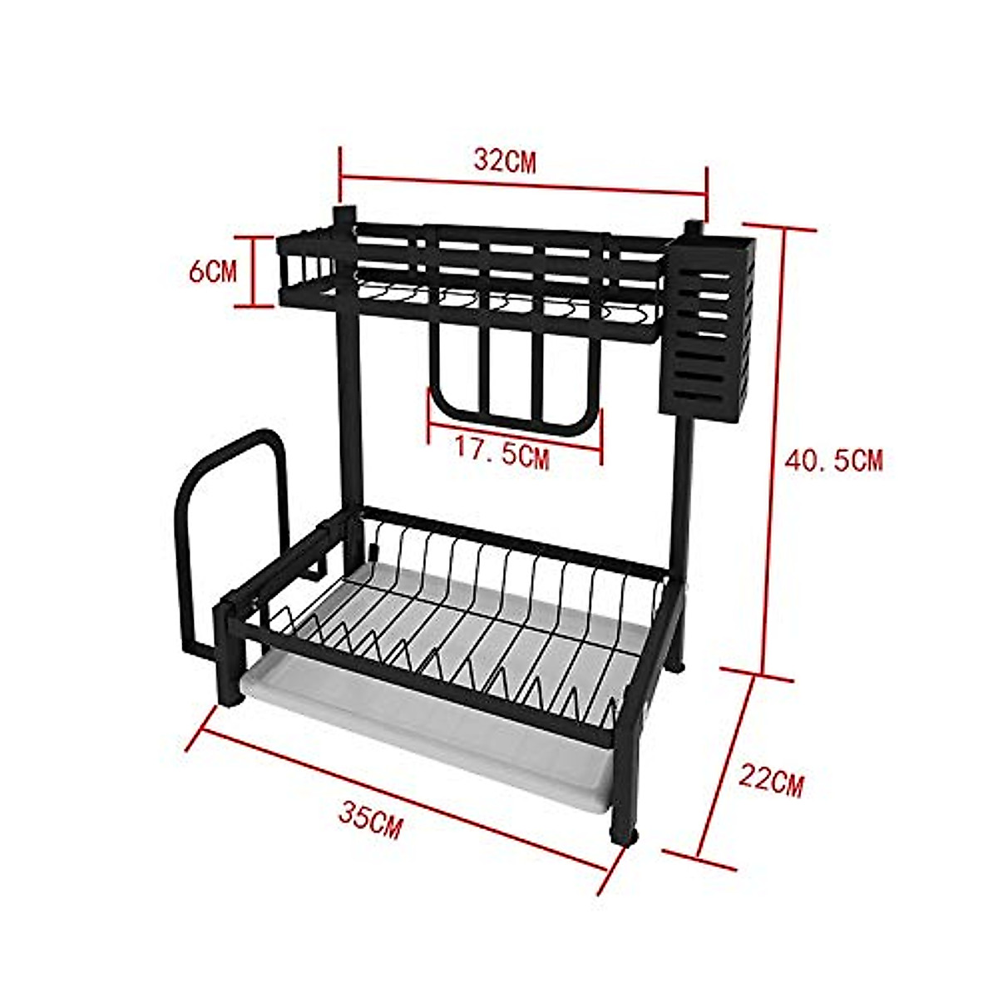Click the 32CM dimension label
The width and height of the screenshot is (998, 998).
tap(505, 160)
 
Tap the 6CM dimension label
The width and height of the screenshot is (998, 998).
tap(212, 271)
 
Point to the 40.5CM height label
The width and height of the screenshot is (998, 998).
tap(834, 459)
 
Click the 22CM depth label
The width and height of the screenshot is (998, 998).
tap(772, 781)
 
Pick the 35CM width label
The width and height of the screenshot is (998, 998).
tap(370, 822)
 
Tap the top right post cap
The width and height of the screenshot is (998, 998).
tap(694, 228)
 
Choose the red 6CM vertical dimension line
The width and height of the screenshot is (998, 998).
tap(254, 271)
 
